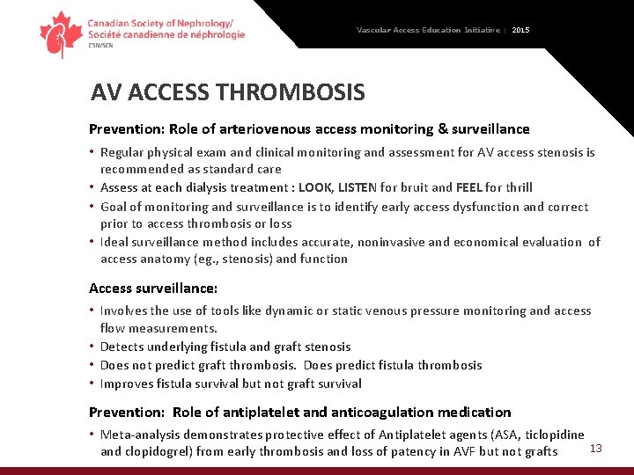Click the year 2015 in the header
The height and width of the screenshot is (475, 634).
pos(520,30)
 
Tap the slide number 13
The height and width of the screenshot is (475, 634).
pos(595,449)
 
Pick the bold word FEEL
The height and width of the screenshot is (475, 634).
pos(469,187)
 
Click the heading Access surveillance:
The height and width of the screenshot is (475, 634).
pos(153,288)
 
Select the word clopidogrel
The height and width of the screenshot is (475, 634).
pos(160,451)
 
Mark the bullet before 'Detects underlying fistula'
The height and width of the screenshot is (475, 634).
pos(92,347)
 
